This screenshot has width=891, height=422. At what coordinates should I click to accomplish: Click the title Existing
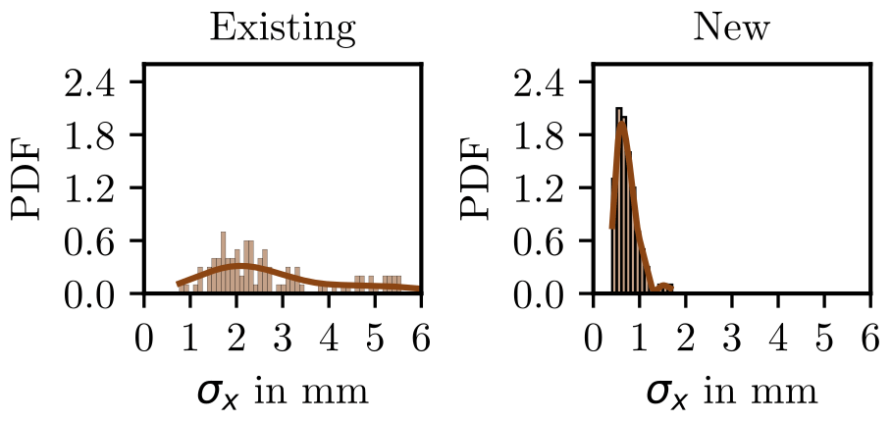point(283,29)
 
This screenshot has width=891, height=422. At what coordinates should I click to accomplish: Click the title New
point(731,29)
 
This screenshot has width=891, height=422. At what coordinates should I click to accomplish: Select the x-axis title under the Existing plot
point(283,393)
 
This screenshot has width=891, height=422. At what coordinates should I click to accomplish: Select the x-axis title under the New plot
point(731,393)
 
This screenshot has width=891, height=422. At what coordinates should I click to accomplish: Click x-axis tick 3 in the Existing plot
point(283,341)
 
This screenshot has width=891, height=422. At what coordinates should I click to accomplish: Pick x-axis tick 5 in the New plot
point(823,341)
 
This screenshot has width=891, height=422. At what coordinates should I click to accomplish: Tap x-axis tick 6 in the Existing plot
point(421,341)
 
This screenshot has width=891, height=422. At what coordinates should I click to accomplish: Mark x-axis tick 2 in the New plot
point(685,341)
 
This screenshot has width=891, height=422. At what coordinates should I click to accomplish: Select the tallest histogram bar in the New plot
point(619,201)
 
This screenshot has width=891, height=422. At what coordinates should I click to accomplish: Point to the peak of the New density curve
point(621,125)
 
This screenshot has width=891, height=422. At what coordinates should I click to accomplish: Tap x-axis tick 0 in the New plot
point(593,341)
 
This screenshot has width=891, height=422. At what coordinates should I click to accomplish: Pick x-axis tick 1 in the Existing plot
point(190,341)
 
